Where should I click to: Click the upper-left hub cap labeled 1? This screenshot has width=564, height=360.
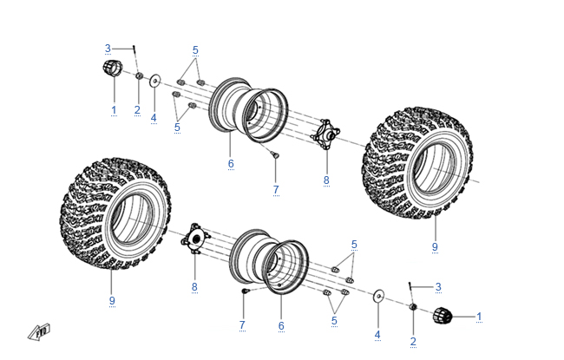coord(111,70)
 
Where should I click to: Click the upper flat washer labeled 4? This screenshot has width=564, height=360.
coord(154,81)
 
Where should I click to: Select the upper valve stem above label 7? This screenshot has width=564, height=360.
coord(273,154)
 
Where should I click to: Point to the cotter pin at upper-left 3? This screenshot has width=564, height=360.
coord(135,49)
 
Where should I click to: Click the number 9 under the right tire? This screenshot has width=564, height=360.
coord(436,247)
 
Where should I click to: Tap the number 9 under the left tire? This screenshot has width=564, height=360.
coord(112,300)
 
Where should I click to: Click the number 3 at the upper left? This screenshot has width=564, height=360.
coord(108,48)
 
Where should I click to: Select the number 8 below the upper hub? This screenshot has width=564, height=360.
coord(326,180)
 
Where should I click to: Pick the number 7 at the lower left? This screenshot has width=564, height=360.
coord(242,325)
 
